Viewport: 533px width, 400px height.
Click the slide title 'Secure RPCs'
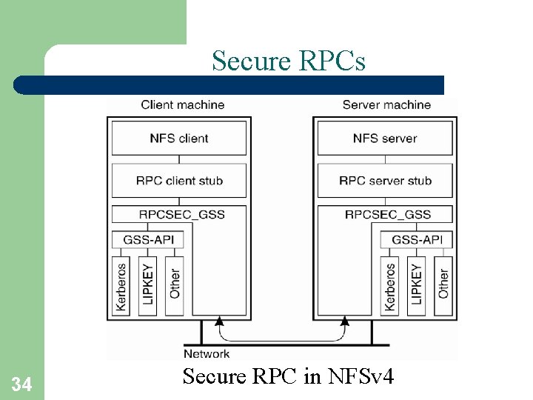(x=288, y=61)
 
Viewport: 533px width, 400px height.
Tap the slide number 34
(x=21, y=384)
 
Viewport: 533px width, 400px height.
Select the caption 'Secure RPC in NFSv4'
(x=288, y=376)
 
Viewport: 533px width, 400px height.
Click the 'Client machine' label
(x=182, y=104)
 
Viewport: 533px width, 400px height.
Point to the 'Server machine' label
(x=386, y=104)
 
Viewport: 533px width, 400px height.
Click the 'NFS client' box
(x=179, y=139)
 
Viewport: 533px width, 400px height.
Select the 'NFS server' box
(x=385, y=139)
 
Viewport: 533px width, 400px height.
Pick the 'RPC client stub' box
(x=179, y=181)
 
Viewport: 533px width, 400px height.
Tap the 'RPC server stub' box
(x=385, y=181)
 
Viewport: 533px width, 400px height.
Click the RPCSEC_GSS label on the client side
(x=181, y=215)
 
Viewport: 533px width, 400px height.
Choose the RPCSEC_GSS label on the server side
(x=387, y=215)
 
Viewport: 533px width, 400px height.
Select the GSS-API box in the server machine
(x=416, y=239)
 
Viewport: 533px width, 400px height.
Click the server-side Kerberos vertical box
(x=390, y=284)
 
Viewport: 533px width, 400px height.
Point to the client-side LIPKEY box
(x=148, y=284)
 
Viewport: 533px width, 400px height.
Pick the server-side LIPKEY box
(x=416, y=284)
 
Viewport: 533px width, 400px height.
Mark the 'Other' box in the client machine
(x=174, y=284)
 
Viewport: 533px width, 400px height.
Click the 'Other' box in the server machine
(x=443, y=284)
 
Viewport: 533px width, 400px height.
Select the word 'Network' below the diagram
(x=207, y=353)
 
